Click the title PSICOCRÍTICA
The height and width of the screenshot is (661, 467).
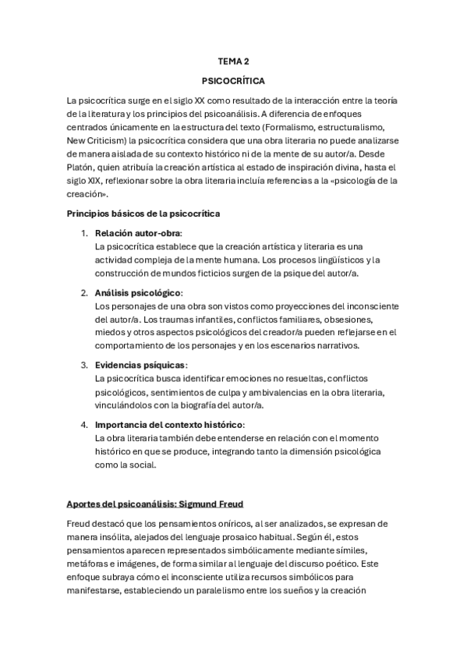[233, 80]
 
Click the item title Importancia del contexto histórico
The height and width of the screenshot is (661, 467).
[169, 425]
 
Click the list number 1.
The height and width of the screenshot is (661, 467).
[83, 233]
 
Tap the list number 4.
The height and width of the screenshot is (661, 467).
[83, 425]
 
